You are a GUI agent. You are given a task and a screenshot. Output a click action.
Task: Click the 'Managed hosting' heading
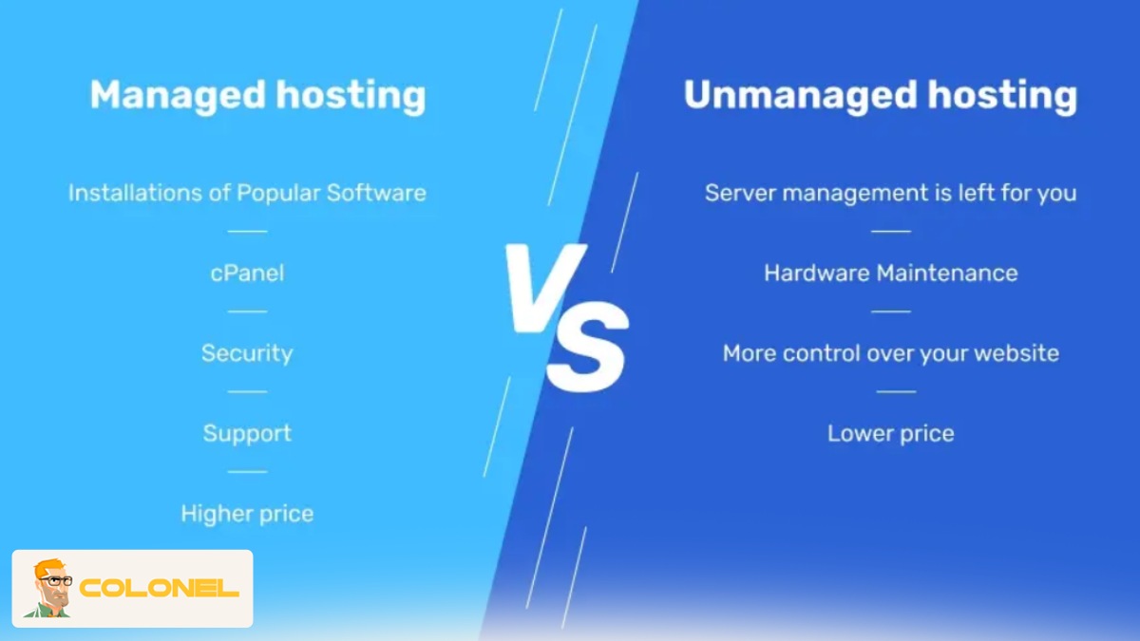(257, 96)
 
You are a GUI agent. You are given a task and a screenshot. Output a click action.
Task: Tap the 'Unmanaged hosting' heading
(880, 96)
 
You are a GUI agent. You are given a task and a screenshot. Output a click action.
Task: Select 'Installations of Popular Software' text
(247, 193)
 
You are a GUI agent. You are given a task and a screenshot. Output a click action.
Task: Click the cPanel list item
(247, 273)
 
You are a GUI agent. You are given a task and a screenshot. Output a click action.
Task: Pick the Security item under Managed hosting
(247, 353)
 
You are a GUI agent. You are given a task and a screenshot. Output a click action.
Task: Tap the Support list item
(247, 434)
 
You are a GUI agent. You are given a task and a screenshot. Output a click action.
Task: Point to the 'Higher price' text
(247, 514)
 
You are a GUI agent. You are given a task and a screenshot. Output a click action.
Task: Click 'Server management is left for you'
(890, 193)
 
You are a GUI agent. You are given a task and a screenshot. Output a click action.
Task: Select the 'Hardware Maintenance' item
(890, 273)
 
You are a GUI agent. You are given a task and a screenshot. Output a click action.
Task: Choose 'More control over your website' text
(890, 353)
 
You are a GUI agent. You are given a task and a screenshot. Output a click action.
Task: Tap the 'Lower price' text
(890, 434)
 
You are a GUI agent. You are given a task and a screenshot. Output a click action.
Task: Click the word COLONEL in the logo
(159, 589)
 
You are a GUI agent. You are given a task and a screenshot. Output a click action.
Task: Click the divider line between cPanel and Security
(247, 311)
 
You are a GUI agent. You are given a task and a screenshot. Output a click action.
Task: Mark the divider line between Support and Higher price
(247, 472)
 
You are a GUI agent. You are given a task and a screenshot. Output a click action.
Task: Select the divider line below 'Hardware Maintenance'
(890, 311)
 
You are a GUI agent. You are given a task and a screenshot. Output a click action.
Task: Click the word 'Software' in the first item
(376, 193)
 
